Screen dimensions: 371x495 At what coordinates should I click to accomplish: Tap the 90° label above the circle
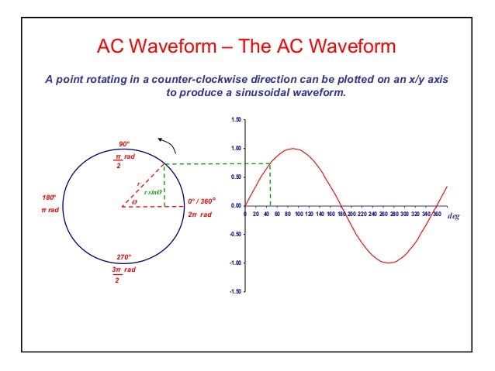tap(123, 144)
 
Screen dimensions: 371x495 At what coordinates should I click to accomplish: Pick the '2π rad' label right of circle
tap(199, 215)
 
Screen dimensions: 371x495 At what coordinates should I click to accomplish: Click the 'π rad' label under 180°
tap(50, 211)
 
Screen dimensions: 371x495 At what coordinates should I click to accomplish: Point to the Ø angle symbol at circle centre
tap(133, 202)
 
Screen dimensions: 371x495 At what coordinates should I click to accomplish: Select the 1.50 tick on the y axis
tap(235, 120)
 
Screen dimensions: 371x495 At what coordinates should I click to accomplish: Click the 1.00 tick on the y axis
tap(235, 149)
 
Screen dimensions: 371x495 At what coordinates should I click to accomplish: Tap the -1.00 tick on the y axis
tap(234, 263)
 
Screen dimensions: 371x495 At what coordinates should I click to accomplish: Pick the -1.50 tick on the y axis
tap(234, 292)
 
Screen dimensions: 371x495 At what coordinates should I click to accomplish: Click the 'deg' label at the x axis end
tap(454, 217)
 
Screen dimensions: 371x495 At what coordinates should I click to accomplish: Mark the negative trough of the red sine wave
tap(389, 263)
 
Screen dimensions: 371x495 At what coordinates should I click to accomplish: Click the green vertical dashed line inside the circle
tap(164, 185)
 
